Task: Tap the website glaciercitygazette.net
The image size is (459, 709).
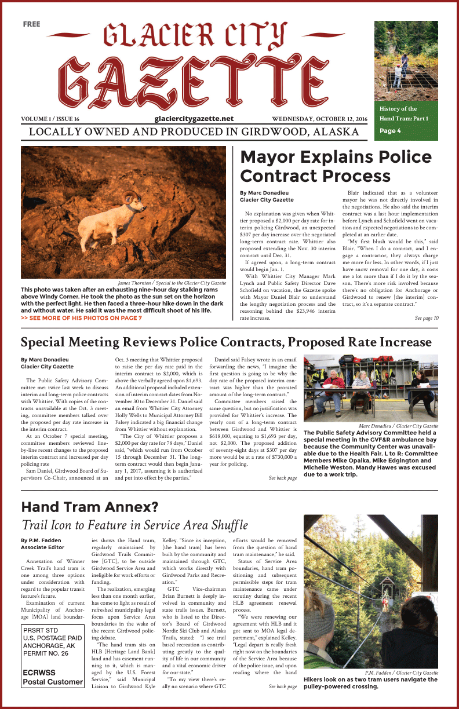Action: pyautogui.click(x=194, y=118)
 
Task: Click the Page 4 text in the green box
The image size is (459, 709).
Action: pyautogui.click(x=390, y=131)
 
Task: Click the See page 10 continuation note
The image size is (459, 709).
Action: pyautogui.click(x=427, y=318)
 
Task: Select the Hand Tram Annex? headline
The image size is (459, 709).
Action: pyautogui.click(x=89, y=507)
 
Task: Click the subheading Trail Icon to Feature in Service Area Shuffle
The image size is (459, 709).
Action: pyautogui.click(x=134, y=525)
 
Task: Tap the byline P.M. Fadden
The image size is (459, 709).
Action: pyautogui.click(x=40, y=540)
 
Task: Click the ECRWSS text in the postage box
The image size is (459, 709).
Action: pyautogui.click(x=39, y=673)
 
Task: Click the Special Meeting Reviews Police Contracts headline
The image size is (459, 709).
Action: pyautogui.click(x=226, y=342)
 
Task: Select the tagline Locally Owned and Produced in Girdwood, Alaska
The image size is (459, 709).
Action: pyautogui.click(x=194, y=131)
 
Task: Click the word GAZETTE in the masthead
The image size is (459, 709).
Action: pyautogui.click(x=194, y=81)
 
